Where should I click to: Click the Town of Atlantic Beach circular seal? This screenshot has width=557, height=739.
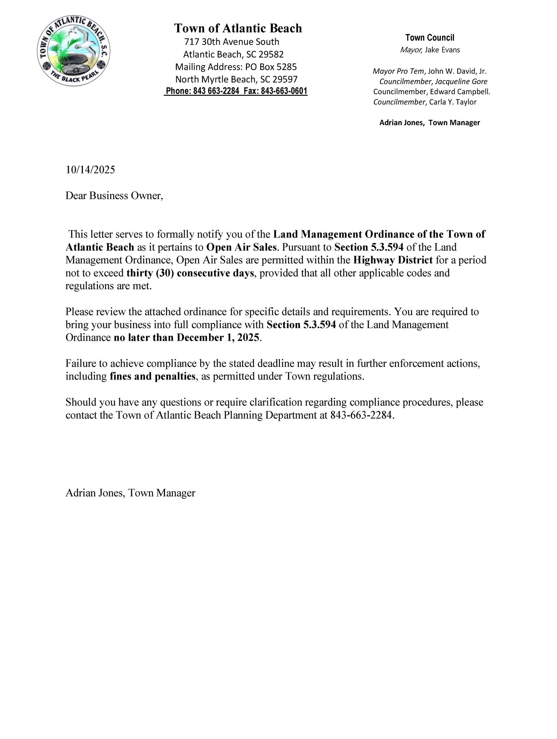74,51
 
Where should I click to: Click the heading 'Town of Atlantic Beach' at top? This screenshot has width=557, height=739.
238,28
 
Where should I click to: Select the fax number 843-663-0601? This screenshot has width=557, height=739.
284,91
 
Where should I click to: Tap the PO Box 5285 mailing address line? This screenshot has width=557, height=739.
236,67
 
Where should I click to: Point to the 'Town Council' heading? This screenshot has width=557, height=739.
430,37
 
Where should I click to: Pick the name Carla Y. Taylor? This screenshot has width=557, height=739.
453,102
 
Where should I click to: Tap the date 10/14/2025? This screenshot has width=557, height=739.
90,170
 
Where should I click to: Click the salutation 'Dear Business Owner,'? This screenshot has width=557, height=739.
114,195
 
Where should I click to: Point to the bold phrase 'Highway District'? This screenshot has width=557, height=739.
393,260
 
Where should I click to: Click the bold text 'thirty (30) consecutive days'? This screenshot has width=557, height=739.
190,273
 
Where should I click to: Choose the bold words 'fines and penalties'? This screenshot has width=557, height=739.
152,377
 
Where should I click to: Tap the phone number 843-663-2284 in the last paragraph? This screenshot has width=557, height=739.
361,415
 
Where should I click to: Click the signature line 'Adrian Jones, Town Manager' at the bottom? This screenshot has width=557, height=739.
130,493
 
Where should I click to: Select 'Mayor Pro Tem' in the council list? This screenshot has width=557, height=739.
398,71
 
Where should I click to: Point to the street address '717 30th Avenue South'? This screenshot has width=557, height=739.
232,42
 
